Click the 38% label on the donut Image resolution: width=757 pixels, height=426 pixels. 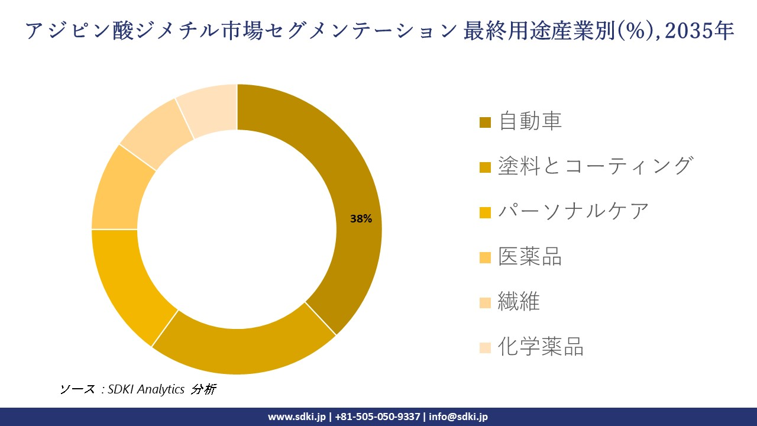point(361,219)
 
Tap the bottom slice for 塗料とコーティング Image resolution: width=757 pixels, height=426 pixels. point(242,349)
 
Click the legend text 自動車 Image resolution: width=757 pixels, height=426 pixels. point(530,121)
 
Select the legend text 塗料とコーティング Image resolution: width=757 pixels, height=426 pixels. point(595,166)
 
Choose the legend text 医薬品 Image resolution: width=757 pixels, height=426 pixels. point(530,256)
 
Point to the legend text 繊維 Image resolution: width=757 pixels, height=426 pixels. point(519,302)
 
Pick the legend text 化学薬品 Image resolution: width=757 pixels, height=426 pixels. point(541,347)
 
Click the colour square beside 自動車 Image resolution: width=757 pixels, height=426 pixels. point(485,122)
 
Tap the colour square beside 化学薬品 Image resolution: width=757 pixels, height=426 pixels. point(485,348)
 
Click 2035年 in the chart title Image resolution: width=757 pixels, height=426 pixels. point(699,31)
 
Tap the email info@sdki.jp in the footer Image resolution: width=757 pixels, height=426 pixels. point(458,417)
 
